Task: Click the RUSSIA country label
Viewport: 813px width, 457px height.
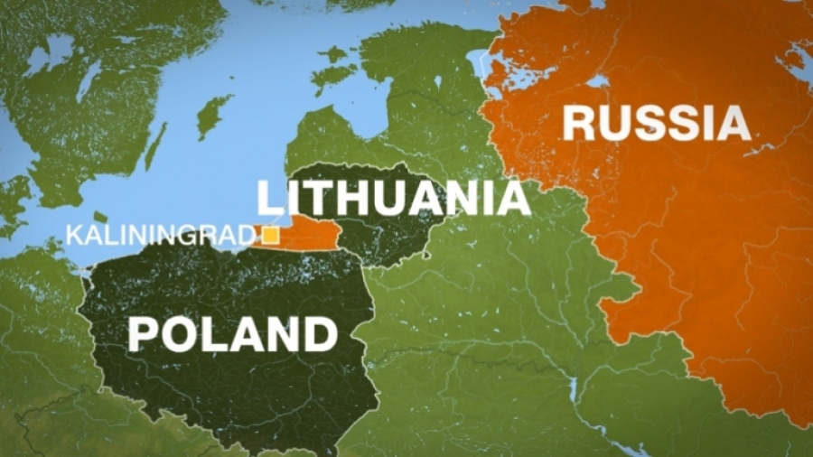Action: click(657, 124)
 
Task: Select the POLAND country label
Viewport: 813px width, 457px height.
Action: click(232, 333)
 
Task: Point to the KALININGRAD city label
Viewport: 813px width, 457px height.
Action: click(161, 237)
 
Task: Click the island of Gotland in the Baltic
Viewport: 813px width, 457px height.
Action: click(214, 116)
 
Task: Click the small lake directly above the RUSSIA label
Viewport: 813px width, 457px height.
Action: click(596, 80)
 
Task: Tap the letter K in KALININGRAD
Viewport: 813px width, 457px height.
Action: click(72, 237)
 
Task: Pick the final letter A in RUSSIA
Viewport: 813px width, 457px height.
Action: click(734, 124)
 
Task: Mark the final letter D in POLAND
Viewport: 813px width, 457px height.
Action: click(322, 333)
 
